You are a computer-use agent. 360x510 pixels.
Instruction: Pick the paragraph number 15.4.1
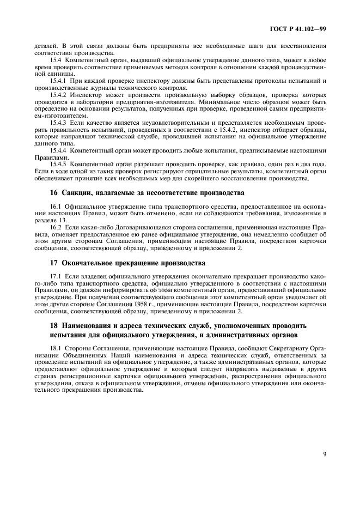coord(58,81)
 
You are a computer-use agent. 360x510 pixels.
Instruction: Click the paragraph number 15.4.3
coord(58,123)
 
